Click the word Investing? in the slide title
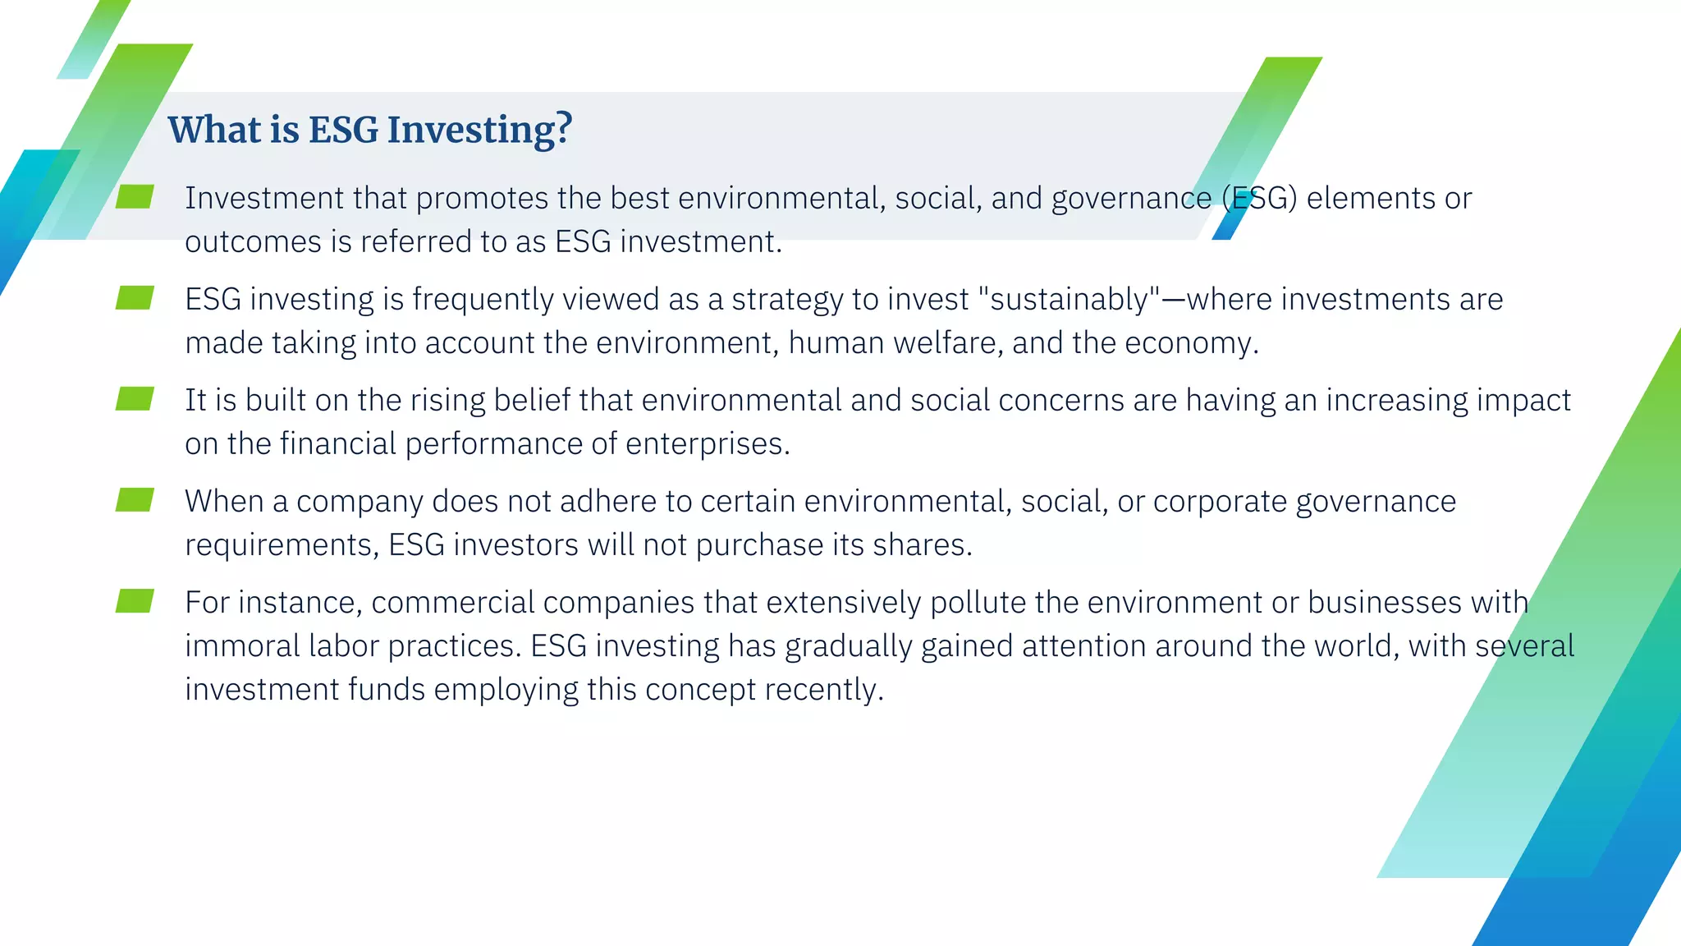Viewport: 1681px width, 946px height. click(479, 130)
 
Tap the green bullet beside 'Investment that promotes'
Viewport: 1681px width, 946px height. click(135, 197)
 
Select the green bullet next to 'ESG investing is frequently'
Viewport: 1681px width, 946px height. click(135, 298)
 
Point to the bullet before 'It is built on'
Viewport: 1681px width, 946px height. click(135, 399)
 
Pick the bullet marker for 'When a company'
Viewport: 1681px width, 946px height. click(135, 500)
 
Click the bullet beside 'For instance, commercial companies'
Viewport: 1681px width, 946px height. click(135, 601)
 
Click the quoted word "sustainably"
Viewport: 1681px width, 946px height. click(1070, 300)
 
